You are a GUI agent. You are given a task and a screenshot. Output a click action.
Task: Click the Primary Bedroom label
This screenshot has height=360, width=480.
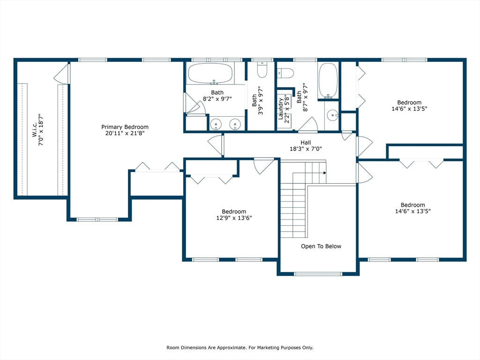[125, 127]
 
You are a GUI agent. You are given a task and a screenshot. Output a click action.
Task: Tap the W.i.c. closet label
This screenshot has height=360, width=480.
[34, 129]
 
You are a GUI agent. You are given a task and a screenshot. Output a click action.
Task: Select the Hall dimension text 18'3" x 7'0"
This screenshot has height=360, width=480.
[306, 149]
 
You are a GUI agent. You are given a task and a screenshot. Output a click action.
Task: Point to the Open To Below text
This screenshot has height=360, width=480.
[321, 246]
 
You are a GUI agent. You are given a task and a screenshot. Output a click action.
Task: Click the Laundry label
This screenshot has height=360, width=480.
[281, 109]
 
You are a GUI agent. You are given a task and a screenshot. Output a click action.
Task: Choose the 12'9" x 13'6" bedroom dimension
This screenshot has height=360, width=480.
[234, 218]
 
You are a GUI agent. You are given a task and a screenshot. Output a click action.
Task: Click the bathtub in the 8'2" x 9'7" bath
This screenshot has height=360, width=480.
[210, 74]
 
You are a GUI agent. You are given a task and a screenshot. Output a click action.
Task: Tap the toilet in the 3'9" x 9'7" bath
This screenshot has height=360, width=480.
[262, 69]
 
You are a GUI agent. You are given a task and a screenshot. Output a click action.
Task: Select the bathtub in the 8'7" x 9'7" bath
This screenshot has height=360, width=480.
[328, 81]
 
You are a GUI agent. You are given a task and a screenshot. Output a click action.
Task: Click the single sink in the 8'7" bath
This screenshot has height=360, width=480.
[332, 115]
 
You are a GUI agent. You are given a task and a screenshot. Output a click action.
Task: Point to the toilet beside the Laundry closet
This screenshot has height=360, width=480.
[285, 73]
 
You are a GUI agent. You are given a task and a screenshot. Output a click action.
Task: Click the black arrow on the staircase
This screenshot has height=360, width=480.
[324, 173]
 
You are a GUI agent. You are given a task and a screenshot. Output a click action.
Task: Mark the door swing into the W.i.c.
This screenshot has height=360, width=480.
[61, 74]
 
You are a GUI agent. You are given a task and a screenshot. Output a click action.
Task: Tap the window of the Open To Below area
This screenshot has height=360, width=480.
[318, 274]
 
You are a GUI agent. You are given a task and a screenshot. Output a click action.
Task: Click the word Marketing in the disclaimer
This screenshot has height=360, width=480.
[268, 347]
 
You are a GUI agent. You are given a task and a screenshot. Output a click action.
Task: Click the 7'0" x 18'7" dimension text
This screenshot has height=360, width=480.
[41, 129]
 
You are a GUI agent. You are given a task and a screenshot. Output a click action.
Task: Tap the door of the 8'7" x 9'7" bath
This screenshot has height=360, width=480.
[307, 125]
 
